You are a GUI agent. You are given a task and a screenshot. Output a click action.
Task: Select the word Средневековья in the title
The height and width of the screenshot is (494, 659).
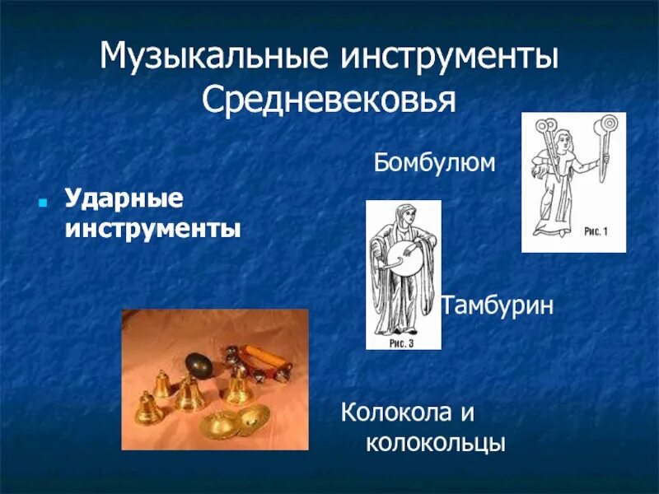pos(329,100)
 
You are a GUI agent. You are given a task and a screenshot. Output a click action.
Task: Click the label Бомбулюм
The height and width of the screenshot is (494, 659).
pos(434,162)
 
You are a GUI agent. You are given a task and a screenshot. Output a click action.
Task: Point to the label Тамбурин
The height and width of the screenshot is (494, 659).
pos(497,305)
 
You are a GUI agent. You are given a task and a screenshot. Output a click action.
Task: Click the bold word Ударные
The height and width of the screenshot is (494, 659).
pos(124,198)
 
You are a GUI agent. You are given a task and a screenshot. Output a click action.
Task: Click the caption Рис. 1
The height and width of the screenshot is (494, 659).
pos(595,232)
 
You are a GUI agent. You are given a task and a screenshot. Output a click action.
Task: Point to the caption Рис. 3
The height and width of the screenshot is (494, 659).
pos(401,343)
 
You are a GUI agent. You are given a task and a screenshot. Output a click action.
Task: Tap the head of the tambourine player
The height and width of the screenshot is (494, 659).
pos(402,216)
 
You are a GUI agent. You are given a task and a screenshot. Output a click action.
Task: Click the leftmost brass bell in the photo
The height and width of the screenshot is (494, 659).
pos(147,408)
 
